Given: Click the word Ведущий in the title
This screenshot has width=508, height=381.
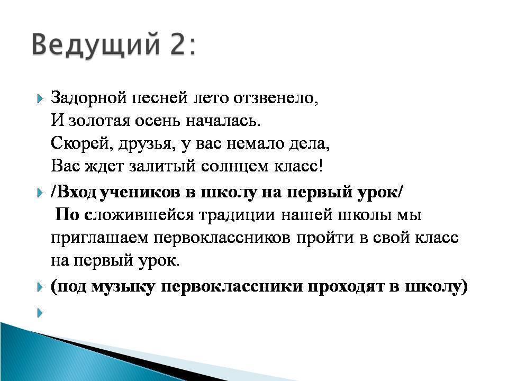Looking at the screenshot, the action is (x=96, y=44).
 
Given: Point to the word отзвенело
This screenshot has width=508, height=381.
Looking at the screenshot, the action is (x=276, y=98).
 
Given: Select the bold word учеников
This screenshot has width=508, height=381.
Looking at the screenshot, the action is (x=140, y=193).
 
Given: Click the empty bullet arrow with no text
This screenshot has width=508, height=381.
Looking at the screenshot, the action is (x=40, y=313).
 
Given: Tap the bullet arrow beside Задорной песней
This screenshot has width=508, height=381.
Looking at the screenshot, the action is (x=40, y=98).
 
